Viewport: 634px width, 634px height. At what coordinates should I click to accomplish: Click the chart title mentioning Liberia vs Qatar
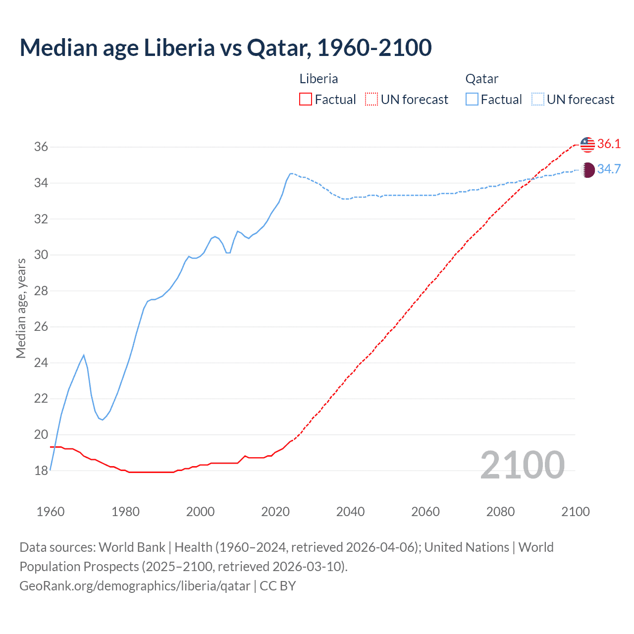pyautogui.click(x=225, y=48)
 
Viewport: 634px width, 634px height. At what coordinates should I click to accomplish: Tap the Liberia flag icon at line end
pyautogui.click(x=587, y=144)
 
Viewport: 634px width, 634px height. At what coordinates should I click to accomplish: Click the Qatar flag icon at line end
pyautogui.click(x=587, y=170)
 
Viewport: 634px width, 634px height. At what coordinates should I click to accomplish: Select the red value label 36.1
pyautogui.click(x=609, y=144)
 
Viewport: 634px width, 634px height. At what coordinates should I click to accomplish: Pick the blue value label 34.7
pyautogui.click(x=609, y=169)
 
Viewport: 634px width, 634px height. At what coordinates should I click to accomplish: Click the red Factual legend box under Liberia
pyautogui.click(x=306, y=100)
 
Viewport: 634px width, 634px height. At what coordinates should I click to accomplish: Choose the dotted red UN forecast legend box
pyautogui.click(x=371, y=100)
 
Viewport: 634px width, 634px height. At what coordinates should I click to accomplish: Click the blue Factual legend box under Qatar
pyautogui.click(x=472, y=100)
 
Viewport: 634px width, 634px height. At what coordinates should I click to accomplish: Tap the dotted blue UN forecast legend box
pyautogui.click(x=538, y=100)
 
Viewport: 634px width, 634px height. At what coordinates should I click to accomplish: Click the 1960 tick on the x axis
pyautogui.click(x=51, y=512)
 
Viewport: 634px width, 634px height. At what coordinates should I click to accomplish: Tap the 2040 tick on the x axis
pyautogui.click(x=350, y=512)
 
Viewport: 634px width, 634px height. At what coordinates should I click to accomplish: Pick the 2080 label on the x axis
pyautogui.click(x=500, y=512)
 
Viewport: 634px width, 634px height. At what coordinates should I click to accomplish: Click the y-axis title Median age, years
pyautogui.click(x=21, y=308)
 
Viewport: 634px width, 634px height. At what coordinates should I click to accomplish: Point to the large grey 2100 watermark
pyautogui.click(x=523, y=465)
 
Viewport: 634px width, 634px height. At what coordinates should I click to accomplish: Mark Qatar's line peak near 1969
pyautogui.click(x=84, y=355)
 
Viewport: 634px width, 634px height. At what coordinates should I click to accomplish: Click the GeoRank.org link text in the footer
pyautogui.click(x=135, y=586)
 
